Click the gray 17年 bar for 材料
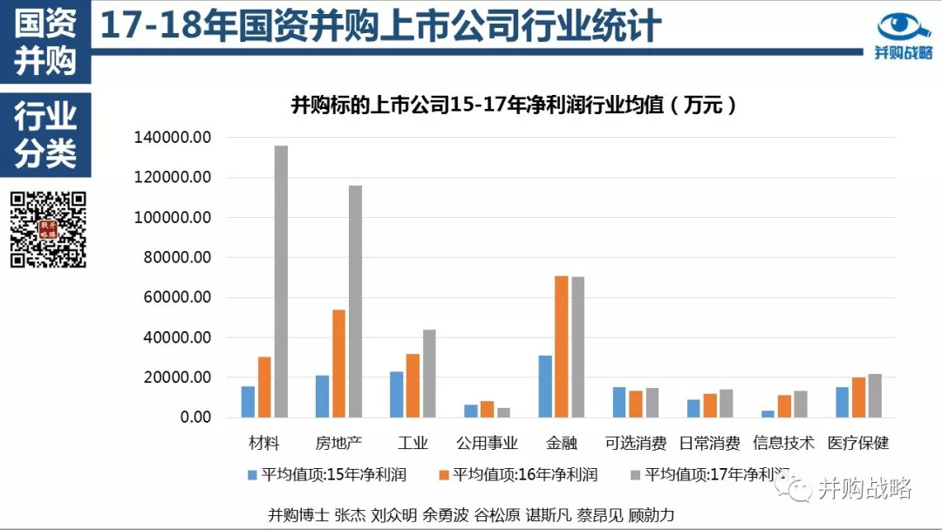coord(281,282)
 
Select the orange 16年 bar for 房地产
coord(338,364)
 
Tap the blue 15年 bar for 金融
coord(545,386)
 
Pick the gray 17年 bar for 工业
coord(429,373)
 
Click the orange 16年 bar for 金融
coord(562,347)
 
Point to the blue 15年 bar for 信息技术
coord(768,414)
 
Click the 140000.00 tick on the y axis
coord(173,138)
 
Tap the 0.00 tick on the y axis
coord(193,418)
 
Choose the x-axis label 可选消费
coord(635,443)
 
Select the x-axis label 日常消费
coord(709,443)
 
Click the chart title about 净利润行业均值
coord(514,106)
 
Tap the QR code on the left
coord(49,229)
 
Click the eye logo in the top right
coord(904,26)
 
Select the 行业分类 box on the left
coord(45,135)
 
